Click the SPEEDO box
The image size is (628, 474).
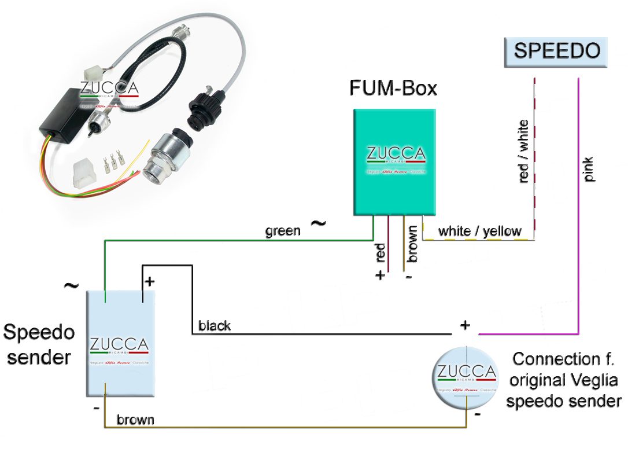tap(557, 51)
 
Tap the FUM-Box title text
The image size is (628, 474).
tap(393, 89)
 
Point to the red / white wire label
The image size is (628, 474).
tap(524, 151)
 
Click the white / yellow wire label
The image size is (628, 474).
tap(479, 231)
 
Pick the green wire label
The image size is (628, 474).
tap(283, 232)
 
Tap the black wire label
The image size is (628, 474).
tap(215, 326)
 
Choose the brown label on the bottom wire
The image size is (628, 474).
tap(135, 420)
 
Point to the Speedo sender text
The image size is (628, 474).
tap(39, 345)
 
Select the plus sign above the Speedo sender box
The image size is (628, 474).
tap(149, 282)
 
